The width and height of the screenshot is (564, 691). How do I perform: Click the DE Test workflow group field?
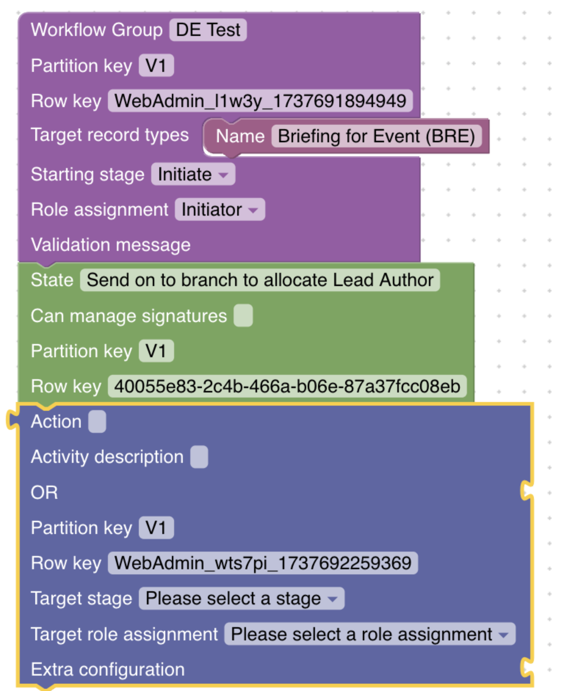(208, 30)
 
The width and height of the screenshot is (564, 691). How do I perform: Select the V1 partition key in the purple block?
(156, 66)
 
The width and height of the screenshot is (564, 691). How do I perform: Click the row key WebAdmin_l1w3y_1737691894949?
(260, 101)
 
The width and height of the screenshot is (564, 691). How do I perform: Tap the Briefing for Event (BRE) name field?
(376, 136)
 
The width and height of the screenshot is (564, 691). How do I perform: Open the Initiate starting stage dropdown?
(193, 174)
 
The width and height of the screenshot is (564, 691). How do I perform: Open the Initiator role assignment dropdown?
(220, 210)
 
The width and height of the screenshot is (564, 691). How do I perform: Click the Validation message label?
(111, 245)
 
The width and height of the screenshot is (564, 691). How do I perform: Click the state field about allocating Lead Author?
(260, 280)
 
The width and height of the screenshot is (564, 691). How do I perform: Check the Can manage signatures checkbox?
(243, 315)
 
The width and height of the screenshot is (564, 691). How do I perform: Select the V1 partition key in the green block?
(156, 351)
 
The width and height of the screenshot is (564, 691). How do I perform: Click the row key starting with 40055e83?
(287, 386)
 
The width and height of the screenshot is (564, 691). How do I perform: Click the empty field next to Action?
(97, 421)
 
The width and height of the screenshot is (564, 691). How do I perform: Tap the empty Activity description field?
(199, 457)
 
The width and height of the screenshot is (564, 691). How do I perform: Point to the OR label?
(44, 492)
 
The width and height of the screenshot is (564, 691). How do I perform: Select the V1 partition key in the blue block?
(156, 528)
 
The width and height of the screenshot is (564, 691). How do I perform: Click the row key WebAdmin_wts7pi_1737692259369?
(263, 563)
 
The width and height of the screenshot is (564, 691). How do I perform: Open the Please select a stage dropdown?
(241, 599)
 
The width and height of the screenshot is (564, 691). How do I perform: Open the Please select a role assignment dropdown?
(369, 634)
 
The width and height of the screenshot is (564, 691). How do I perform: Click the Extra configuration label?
(108, 669)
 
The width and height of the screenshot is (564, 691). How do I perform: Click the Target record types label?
(109, 135)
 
